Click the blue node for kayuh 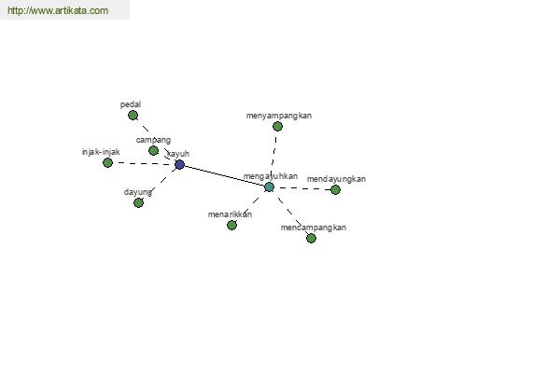point(179,164)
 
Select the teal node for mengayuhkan point(269,186)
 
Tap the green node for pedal point(133,116)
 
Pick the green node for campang point(153,151)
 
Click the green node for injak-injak point(107,163)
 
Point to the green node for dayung point(138,202)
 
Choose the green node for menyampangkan point(277,127)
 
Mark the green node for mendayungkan point(335,190)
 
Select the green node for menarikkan point(231,226)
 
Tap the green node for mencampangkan point(311,238)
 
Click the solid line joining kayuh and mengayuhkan point(224,175)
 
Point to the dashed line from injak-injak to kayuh point(144,163)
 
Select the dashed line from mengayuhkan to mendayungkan point(302,188)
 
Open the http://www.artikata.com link point(58,10)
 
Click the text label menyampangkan point(278,116)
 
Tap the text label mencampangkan point(314,228)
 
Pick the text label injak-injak point(101,152)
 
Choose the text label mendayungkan point(336,179)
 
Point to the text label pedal point(131,104)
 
